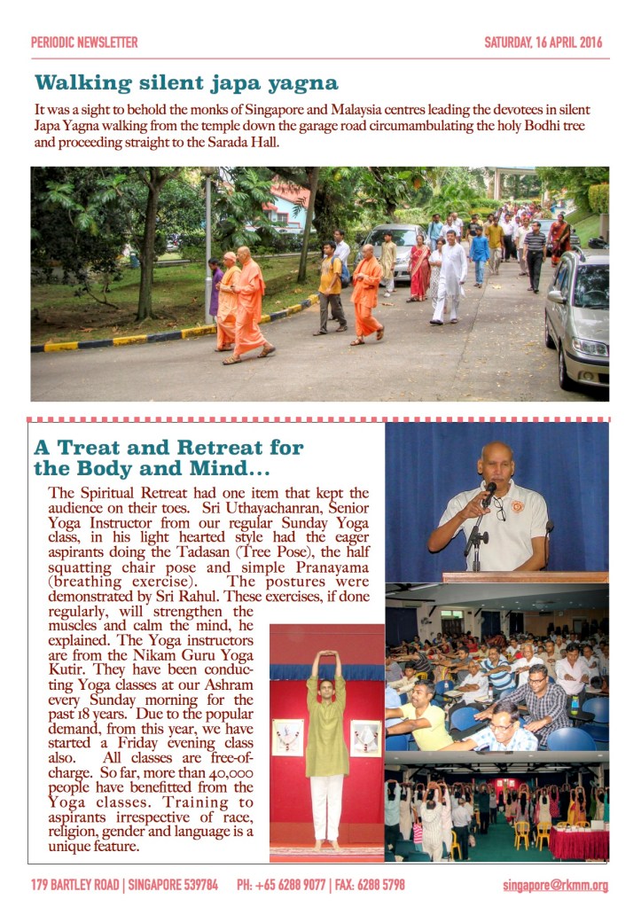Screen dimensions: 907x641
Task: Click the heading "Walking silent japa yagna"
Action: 186,83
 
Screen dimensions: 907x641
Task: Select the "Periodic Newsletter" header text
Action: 84,42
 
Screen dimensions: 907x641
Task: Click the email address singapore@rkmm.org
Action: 555,885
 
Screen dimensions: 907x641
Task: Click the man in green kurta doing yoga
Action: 327,745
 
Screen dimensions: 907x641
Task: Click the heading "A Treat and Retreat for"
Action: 168,448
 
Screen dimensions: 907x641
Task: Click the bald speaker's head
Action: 496,459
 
